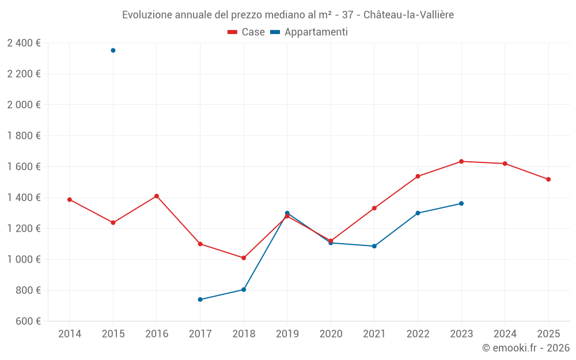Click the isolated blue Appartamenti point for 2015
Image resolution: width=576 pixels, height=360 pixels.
[113, 51]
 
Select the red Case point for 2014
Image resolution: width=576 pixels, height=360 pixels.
[70, 200]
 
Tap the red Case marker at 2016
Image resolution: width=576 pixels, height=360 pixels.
[157, 196]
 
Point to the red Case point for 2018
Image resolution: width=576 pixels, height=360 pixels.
[244, 258]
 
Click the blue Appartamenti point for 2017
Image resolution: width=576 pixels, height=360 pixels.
[200, 300]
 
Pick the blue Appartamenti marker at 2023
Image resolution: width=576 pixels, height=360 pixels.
[461, 203]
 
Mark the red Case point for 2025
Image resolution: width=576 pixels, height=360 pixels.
[548, 179]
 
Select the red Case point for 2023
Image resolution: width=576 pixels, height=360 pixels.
[461, 161]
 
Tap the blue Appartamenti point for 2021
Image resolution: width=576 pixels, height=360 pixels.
[374, 246]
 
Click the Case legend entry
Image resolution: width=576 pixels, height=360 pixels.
[246, 32]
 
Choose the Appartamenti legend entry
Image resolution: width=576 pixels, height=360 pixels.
[309, 32]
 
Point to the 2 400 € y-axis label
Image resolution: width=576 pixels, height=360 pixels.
[24, 43]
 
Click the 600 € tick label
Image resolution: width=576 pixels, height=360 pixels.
[28, 321]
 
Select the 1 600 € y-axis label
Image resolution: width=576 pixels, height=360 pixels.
[24, 167]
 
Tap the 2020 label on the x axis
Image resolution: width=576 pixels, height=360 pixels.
[331, 334]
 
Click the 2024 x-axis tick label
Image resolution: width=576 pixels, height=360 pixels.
[505, 334]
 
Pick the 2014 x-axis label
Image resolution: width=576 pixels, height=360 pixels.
[70, 334]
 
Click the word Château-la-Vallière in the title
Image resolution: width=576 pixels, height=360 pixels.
[408, 15]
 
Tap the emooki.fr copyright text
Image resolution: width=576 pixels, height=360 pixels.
[526, 348]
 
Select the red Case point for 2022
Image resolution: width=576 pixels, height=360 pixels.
[418, 176]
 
